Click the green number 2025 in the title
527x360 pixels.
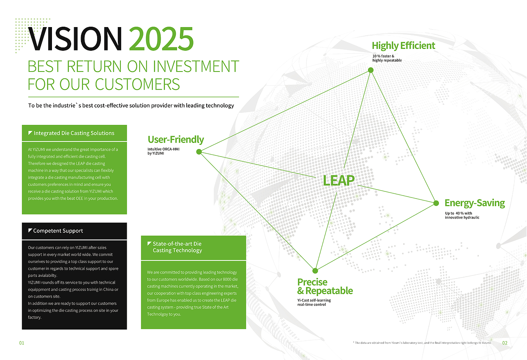(x=161, y=39)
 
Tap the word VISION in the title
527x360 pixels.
(x=75, y=39)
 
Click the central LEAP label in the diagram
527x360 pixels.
(x=338, y=181)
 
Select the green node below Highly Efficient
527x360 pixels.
(x=370, y=70)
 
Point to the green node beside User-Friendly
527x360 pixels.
(x=199, y=152)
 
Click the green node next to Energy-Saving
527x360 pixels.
(x=436, y=203)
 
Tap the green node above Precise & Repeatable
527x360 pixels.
(x=315, y=270)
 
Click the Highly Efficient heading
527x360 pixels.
(x=403, y=46)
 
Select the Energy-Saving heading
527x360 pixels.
(x=475, y=203)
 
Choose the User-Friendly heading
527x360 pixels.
(x=176, y=140)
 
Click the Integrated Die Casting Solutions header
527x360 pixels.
(x=74, y=133)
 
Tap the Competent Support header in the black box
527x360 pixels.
(x=58, y=231)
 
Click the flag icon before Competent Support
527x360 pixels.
(x=30, y=230)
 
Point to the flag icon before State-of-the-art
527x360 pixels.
(x=149, y=243)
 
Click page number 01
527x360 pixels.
(x=22, y=343)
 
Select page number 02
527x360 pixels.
(x=505, y=343)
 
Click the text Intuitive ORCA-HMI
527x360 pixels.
(x=163, y=149)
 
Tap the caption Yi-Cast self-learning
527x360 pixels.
(x=314, y=300)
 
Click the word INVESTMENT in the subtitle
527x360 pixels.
(x=196, y=66)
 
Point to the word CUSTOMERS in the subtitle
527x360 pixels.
(x=137, y=84)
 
